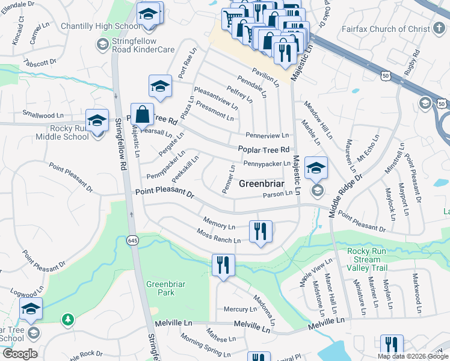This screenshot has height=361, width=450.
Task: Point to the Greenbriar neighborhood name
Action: [262, 184]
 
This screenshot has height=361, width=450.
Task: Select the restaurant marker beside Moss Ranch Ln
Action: [261, 232]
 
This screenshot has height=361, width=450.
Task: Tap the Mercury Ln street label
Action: [240, 309]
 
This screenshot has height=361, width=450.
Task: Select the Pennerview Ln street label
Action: [267, 135]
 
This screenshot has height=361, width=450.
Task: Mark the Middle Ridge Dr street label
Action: [346, 196]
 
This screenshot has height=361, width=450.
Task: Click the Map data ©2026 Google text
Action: [413, 356]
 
